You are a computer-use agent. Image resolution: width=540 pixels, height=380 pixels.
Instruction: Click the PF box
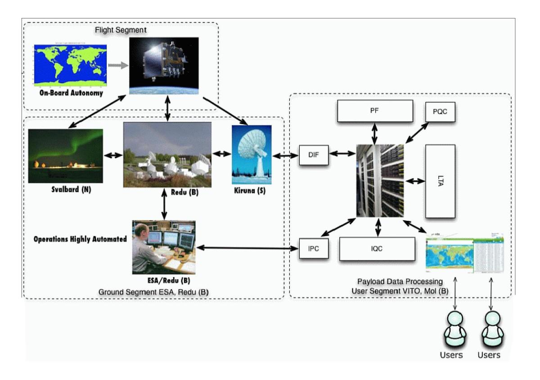[x=375, y=111]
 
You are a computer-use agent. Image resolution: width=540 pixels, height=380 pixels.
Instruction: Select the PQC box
[x=440, y=112]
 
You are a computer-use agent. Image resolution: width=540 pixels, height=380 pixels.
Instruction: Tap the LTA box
[x=440, y=181]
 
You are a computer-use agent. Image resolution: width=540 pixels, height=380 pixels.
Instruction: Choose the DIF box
[x=314, y=155]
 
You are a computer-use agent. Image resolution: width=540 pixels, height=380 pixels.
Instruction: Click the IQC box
[x=377, y=248]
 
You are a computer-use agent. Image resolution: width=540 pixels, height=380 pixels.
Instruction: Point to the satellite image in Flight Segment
[x=164, y=66]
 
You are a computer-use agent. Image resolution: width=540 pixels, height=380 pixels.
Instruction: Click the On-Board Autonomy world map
[x=70, y=65]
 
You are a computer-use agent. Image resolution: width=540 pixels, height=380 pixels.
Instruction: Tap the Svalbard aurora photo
[x=65, y=156]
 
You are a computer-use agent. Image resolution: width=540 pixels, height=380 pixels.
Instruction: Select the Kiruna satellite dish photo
[x=252, y=154]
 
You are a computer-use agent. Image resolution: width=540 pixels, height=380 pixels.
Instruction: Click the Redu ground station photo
[x=167, y=154]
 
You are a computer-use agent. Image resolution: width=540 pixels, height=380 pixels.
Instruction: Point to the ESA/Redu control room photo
[x=164, y=247]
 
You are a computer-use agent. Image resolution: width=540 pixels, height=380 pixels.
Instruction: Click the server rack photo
[x=380, y=180]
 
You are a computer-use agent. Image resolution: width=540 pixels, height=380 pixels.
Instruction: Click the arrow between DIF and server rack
[x=342, y=154]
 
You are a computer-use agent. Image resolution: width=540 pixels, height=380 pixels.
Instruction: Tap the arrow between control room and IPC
[x=248, y=247]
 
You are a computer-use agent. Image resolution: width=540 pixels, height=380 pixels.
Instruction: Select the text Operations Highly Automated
[x=80, y=239]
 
